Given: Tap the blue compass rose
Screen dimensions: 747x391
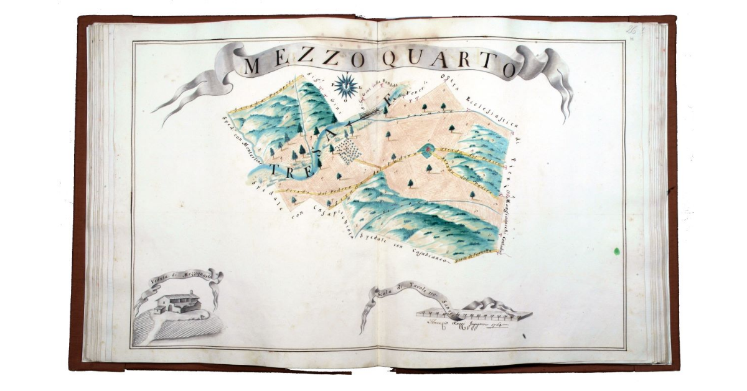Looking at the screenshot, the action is pyautogui.click(x=345, y=85).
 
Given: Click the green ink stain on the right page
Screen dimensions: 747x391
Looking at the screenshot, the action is pyautogui.click(x=616, y=251).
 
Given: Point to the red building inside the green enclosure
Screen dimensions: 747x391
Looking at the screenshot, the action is pyautogui.click(x=427, y=149).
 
